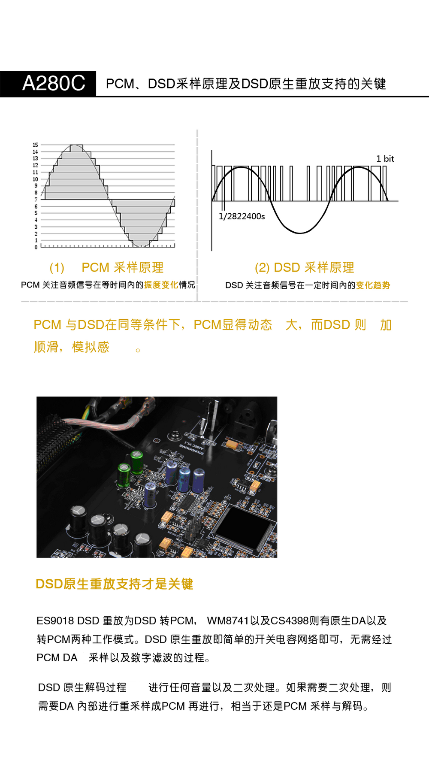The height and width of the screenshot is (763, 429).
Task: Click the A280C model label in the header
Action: click(54, 83)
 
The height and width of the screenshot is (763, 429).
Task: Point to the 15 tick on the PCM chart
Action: click(35, 145)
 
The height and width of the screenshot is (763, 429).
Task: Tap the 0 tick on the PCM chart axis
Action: click(36, 247)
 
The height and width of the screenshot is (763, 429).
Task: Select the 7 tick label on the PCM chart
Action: click(36, 200)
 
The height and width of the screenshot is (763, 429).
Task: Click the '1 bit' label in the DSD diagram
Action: click(385, 159)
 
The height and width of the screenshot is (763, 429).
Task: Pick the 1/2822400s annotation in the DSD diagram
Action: click(242, 216)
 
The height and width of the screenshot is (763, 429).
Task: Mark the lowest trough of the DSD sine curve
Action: click(300, 233)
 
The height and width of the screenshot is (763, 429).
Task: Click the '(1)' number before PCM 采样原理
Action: click(57, 268)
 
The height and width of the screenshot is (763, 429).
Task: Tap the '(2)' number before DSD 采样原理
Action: click(262, 268)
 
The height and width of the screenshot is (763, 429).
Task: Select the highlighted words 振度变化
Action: click(161, 285)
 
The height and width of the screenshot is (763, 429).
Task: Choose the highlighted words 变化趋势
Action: click(373, 285)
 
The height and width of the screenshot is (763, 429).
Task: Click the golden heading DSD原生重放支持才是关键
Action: click(115, 584)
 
